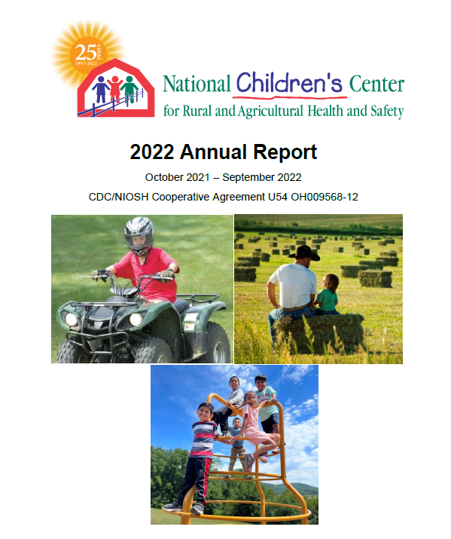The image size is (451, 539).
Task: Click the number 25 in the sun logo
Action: pyautogui.click(x=86, y=53)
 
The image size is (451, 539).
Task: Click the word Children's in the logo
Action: pyautogui.click(x=289, y=83)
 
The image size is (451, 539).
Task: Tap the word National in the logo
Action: pyautogui.click(x=197, y=84)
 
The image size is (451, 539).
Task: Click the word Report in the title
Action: pyautogui.click(x=285, y=152)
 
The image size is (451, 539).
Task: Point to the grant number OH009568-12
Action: pyautogui.click(x=325, y=197)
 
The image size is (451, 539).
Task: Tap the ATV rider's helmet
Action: pyautogui.click(x=139, y=235)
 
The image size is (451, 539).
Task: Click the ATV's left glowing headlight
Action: pyautogui.click(x=72, y=320)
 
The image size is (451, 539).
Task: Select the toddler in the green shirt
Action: pyautogui.click(x=328, y=295)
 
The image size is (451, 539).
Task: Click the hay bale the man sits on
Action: pyautogui.click(x=318, y=333)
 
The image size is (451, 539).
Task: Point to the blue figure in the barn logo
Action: pyautogui.click(x=101, y=90)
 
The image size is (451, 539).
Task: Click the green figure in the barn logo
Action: pyautogui.click(x=130, y=90)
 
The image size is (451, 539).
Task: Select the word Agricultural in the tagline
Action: pyautogui.click(x=271, y=112)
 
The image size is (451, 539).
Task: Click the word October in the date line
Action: pyautogui.click(x=160, y=177)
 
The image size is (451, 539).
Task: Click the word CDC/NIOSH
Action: pyautogui.click(x=118, y=197)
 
